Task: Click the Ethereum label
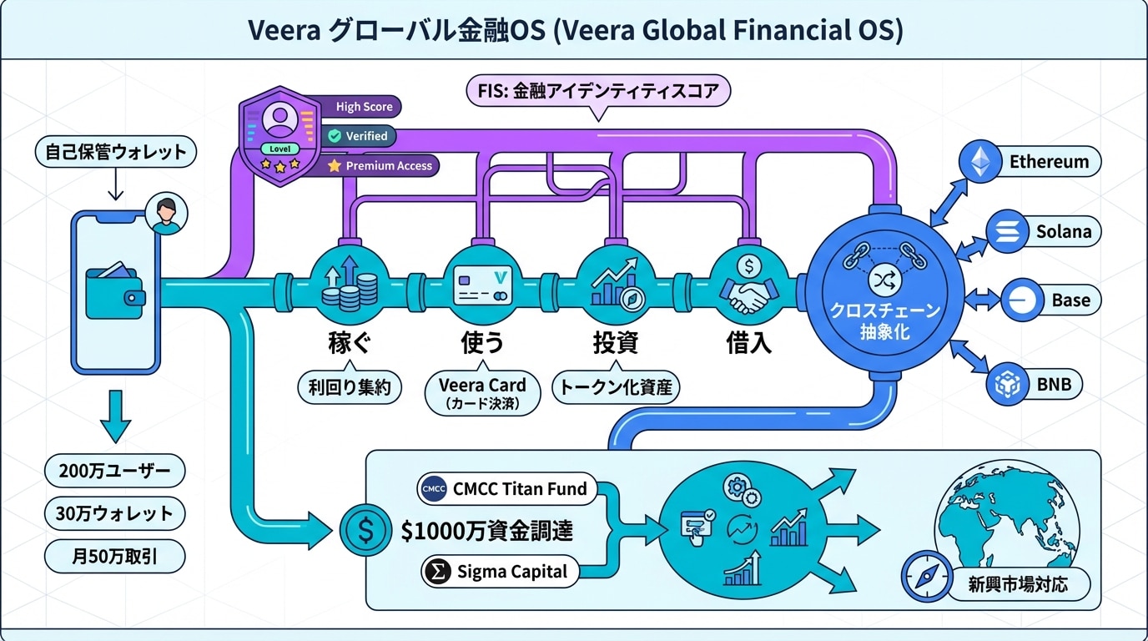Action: pyautogui.click(x=1049, y=161)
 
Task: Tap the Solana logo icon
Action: pyautogui.click(x=1005, y=231)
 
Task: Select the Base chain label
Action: pyautogui.click(x=1070, y=300)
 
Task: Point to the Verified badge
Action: pyautogui.click(x=359, y=135)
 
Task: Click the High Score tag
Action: pyautogui.click(x=364, y=107)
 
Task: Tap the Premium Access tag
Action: pyautogui.click(x=380, y=165)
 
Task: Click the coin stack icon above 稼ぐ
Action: pyautogui.click(x=350, y=283)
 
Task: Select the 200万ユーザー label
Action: pyautogui.click(x=114, y=472)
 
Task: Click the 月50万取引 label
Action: pyautogui.click(x=114, y=556)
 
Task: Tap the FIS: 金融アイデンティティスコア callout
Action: pyautogui.click(x=597, y=91)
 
